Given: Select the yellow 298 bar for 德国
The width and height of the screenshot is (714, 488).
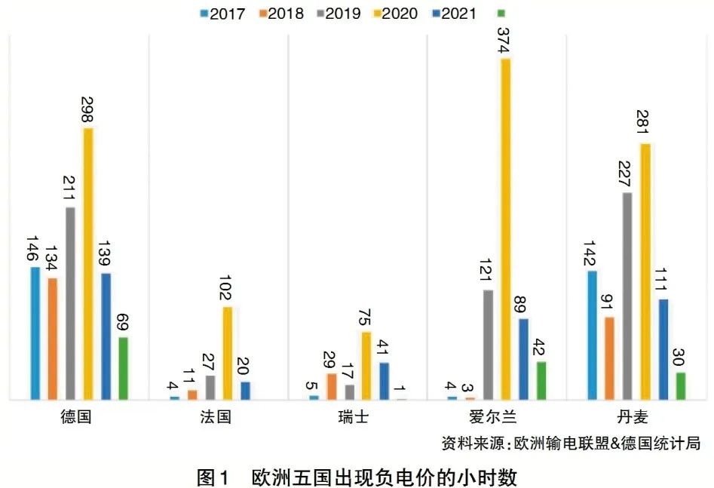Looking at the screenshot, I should (88, 263).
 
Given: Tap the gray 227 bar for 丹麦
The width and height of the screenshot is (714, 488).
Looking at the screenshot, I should (627, 295).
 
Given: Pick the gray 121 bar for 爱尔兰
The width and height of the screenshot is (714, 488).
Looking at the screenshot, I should (488, 344).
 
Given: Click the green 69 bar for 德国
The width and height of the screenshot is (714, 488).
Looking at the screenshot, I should (123, 368).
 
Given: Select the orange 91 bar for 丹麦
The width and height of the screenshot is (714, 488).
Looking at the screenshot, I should (609, 358).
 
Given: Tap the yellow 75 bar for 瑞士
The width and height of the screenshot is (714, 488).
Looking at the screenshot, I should (366, 365).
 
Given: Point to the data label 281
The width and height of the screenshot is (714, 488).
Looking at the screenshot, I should (645, 121).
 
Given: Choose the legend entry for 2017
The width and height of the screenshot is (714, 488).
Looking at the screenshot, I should (222, 13).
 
